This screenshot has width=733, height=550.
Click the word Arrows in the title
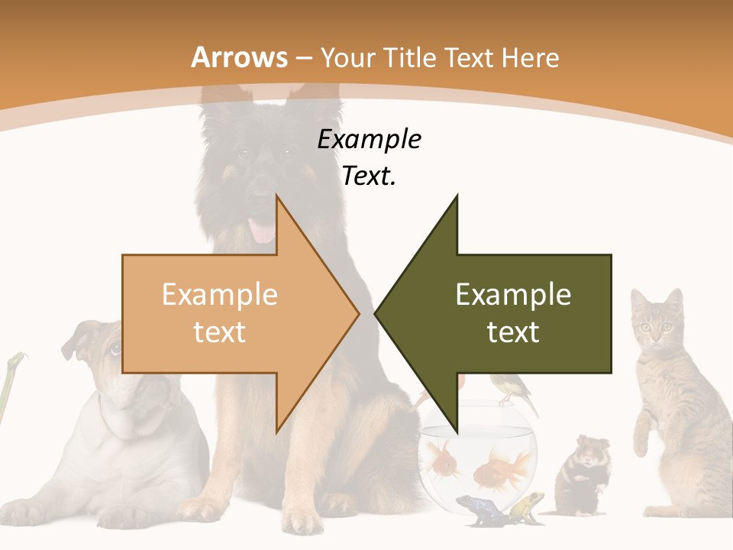[239, 57]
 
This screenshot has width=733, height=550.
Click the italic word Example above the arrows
[369, 140]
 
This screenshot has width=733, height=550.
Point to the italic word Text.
[369, 176]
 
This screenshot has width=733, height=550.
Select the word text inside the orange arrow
[219, 332]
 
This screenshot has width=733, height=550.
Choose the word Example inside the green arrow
[513, 294]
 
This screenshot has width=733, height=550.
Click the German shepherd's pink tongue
[263, 230]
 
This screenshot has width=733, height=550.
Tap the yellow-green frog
[526, 505]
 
